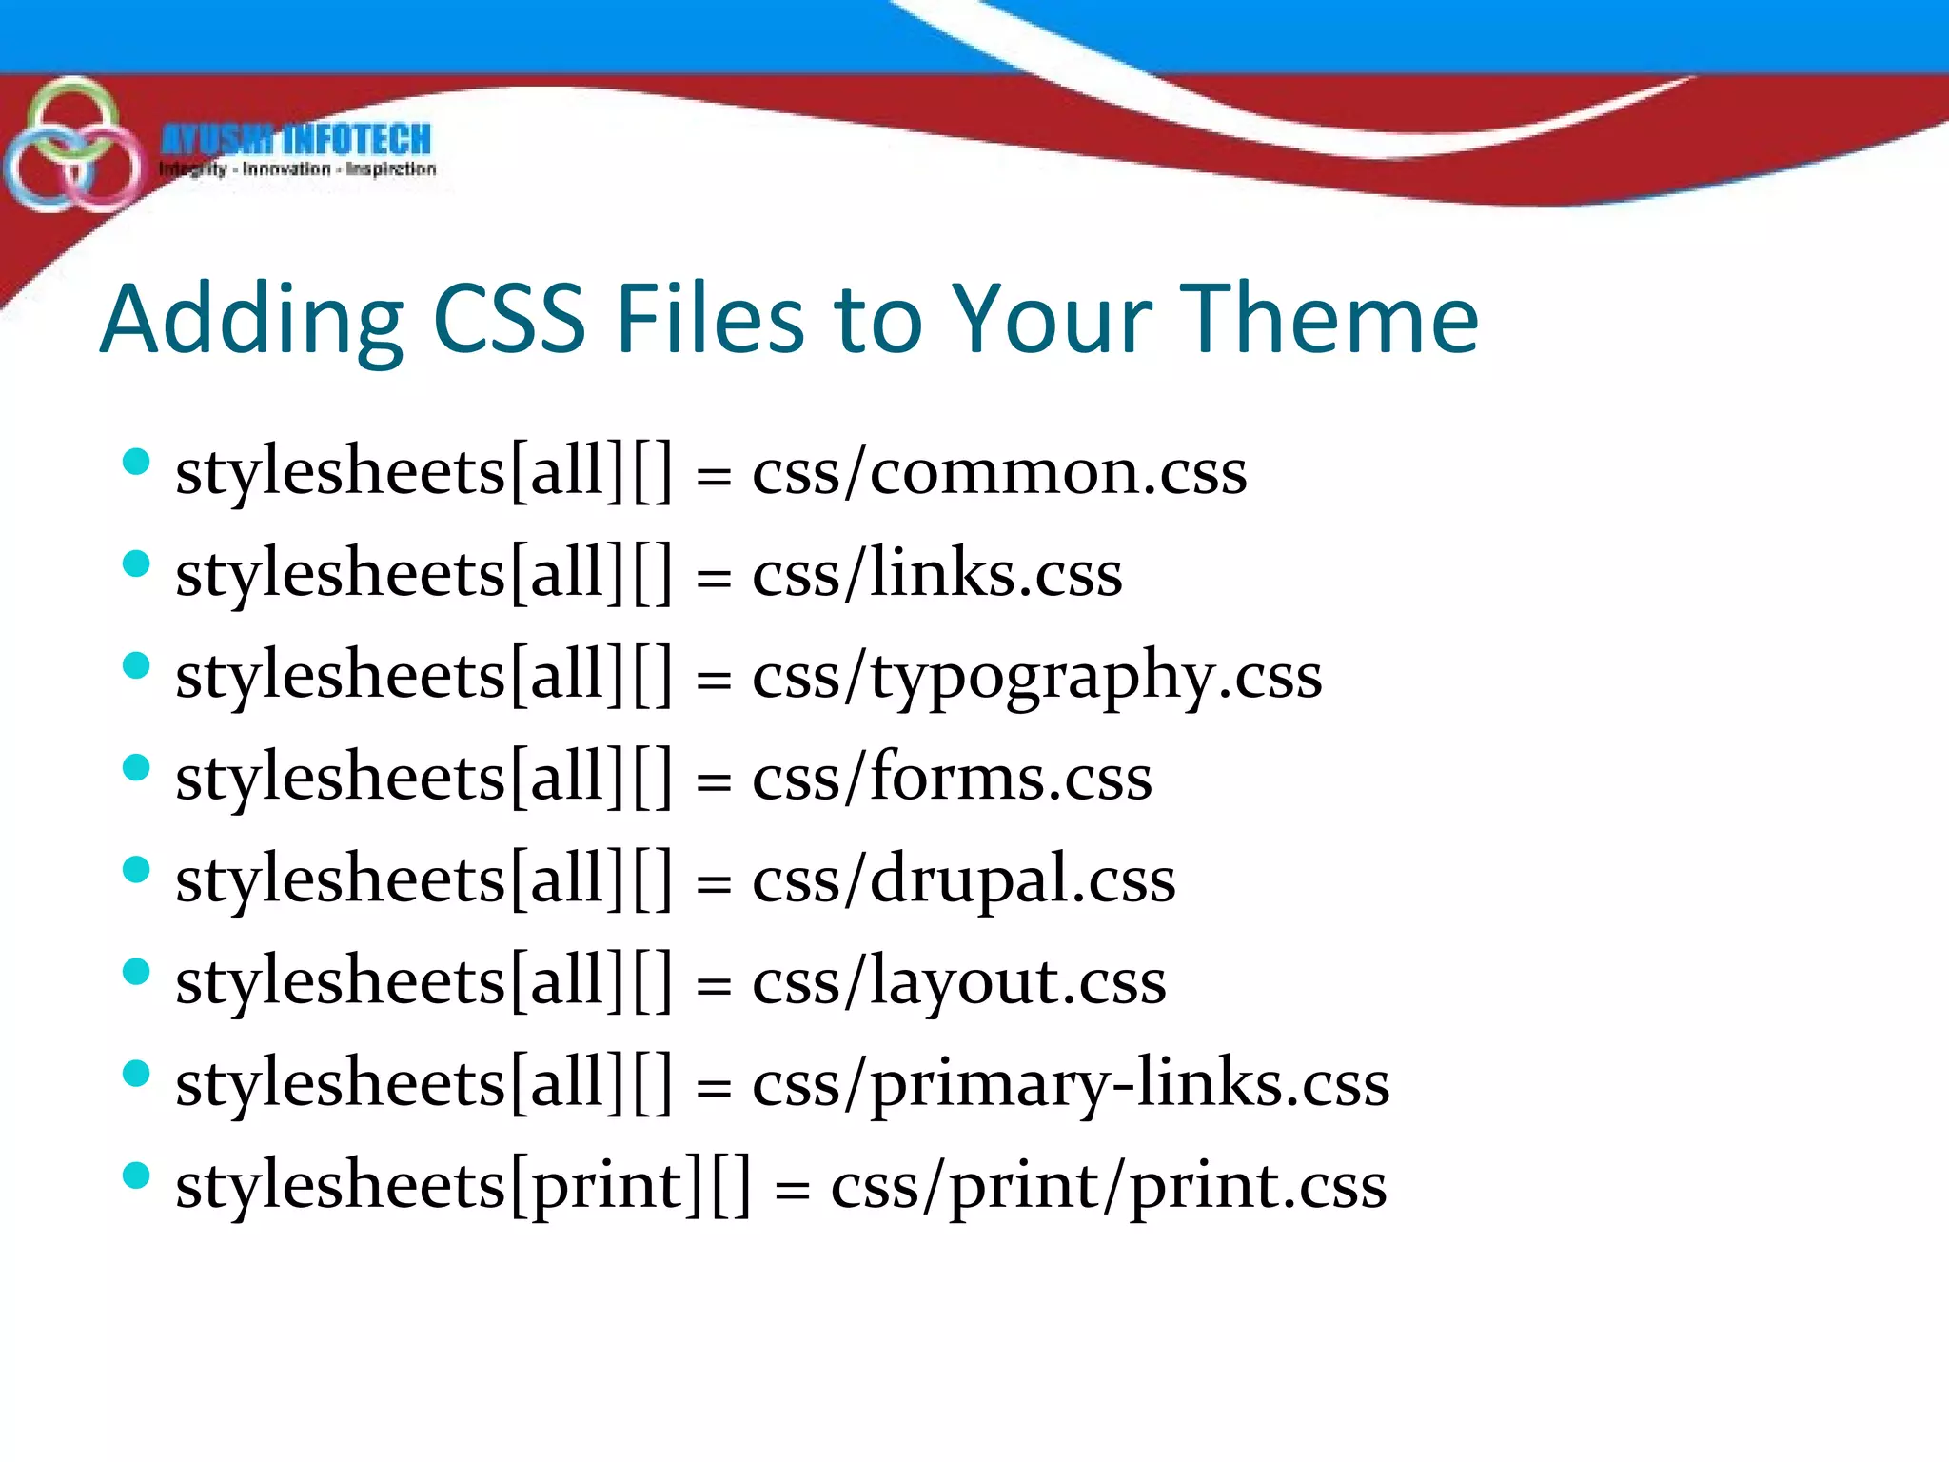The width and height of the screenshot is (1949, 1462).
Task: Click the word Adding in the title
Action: click(252, 322)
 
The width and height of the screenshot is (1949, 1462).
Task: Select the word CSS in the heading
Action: click(508, 320)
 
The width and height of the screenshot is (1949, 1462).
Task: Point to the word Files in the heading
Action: click(710, 320)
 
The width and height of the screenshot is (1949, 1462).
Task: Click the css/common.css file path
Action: click(999, 472)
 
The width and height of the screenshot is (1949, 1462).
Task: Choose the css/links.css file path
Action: click(937, 574)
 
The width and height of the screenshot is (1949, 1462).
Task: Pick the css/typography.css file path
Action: click(1037, 677)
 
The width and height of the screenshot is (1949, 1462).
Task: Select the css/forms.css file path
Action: click(952, 778)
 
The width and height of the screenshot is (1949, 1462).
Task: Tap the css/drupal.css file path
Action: click(964, 879)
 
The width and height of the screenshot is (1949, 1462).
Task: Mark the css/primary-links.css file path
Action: click(1071, 1084)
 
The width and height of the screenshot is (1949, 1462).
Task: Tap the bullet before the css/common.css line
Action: click(137, 463)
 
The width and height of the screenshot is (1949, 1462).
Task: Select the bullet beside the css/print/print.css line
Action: click(137, 1176)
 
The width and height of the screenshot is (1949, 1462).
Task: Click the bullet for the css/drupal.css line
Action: click(137, 870)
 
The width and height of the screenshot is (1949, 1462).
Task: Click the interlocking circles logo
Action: click(72, 145)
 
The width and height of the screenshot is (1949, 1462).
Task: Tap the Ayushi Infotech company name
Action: click(296, 140)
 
